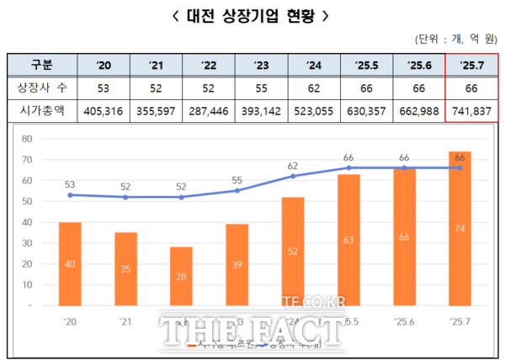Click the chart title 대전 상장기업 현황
click(252, 15)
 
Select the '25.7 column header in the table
click(471, 65)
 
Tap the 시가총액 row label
click(41, 109)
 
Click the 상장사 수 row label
click(41, 87)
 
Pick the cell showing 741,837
click(471, 109)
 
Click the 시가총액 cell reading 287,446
click(208, 109)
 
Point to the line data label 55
click(237, 180)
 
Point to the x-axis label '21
click(125, 321)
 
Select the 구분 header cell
click(41, 65)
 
